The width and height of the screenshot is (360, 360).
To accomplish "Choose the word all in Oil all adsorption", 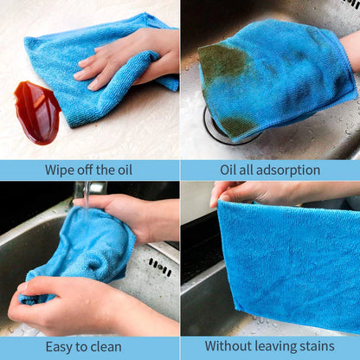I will coord(244,170).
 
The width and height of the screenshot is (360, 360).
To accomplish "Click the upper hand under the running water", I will coord(130,216).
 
